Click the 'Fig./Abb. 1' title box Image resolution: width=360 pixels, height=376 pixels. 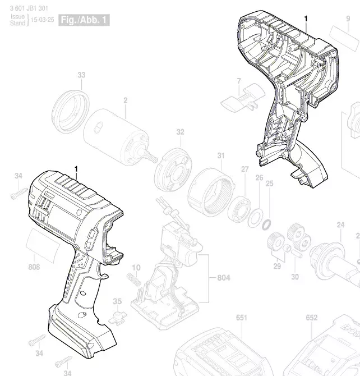pos(84,20)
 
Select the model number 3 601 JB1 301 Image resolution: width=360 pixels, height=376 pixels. pos(29,8)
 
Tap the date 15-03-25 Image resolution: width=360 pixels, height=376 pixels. pos(43,20)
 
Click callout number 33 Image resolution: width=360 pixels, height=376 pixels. pos(81,75)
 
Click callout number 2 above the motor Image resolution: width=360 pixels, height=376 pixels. pos(126,100)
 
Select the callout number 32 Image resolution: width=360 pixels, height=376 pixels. pos(180,132)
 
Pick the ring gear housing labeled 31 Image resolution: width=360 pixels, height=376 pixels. pos(211,192)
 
